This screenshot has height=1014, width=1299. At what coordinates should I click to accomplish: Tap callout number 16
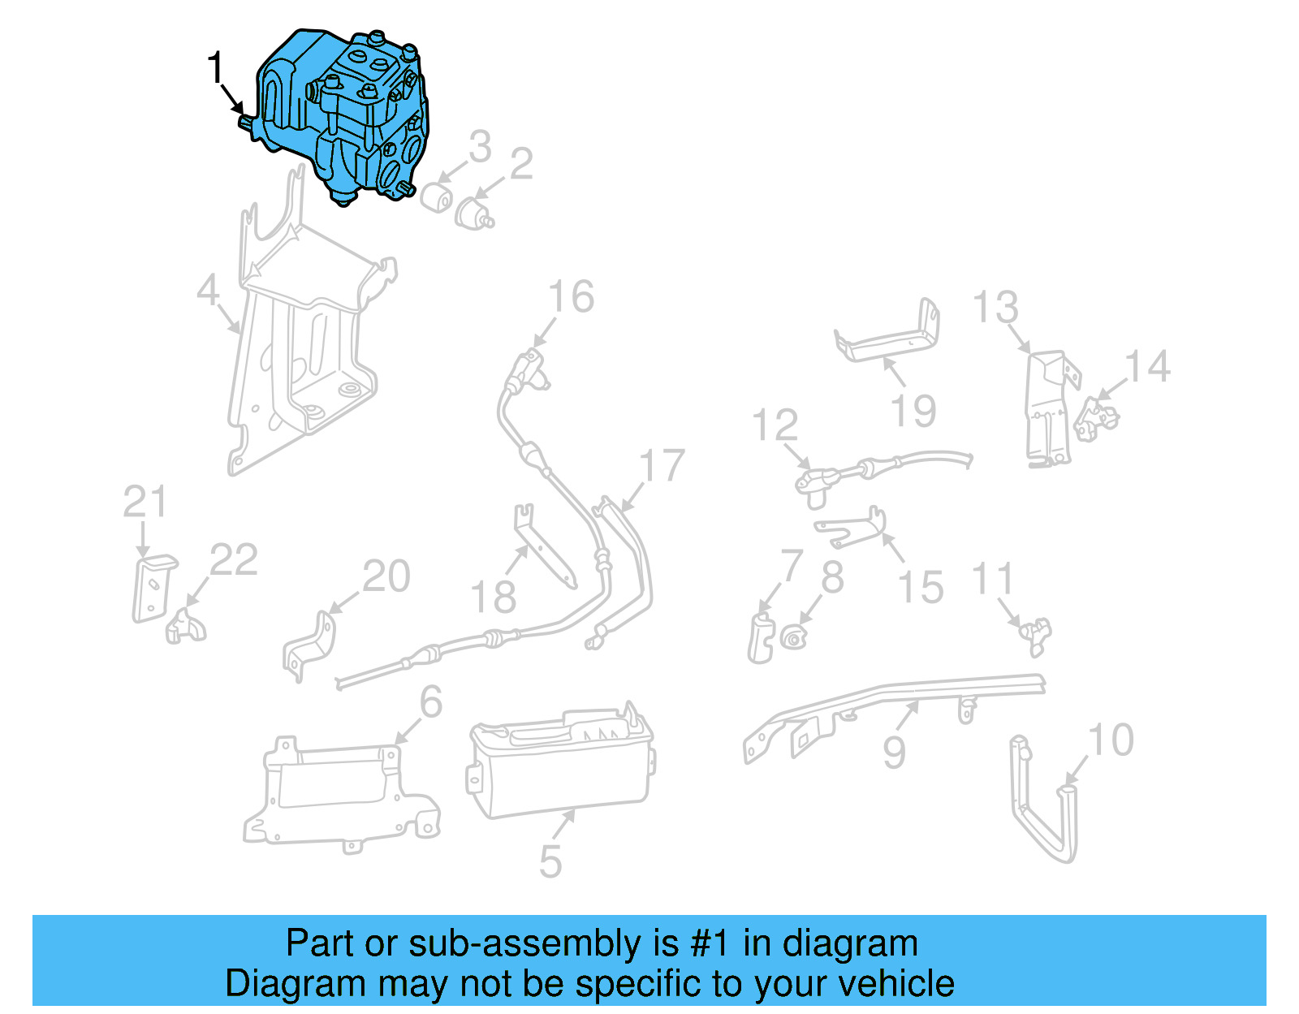point(572,296)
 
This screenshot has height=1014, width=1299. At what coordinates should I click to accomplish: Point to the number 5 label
point(550,861)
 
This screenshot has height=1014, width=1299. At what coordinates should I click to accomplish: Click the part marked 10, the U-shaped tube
point(1043,798)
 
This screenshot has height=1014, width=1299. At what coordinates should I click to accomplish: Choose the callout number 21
point(145,502)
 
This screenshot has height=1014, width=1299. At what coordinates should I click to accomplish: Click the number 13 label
point(995,307)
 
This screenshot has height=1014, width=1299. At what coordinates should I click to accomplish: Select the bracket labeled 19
point(887,331)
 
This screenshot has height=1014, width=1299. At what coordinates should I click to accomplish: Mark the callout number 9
point(895,753)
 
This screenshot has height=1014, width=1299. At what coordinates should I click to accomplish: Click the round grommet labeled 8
point(794,637)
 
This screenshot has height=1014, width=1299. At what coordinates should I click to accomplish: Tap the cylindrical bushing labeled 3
point(437,198)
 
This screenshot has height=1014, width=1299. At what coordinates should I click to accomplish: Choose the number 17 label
point(662,465)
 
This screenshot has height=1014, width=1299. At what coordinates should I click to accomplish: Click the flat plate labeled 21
point(154,589)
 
